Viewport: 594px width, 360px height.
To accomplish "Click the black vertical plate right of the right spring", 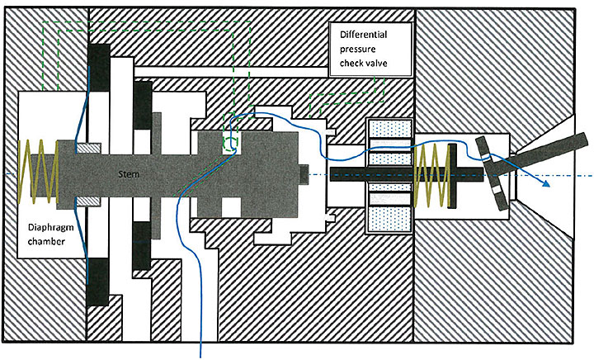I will (x=454, y=174).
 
